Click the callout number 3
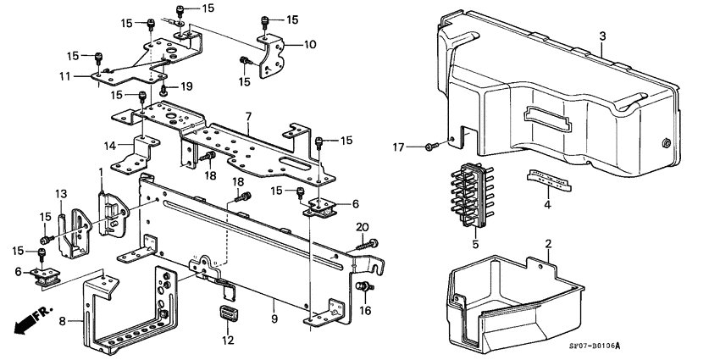click(602, 36)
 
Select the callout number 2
click(548, 244)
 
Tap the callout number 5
click(475, 245)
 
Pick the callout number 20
click(363, 226)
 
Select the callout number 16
click(365, 312)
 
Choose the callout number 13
click(60, 195)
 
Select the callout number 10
click(286, 44)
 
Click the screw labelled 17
click(429, 147)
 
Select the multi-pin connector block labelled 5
click(475, 196)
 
